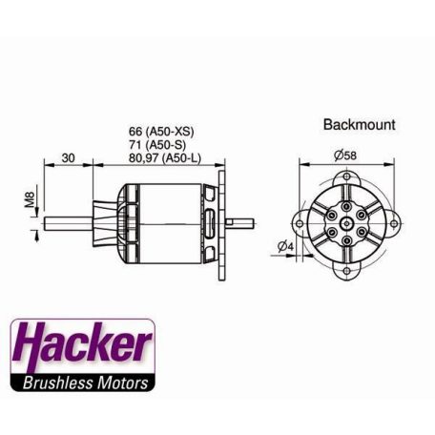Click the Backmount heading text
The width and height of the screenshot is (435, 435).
click(x=359, y=124)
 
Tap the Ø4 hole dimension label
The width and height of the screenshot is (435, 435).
click(x=284, y=248)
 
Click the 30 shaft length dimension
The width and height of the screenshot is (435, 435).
click(x=68, y=156)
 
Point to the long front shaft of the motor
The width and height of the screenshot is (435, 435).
click(x=72, y=225)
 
